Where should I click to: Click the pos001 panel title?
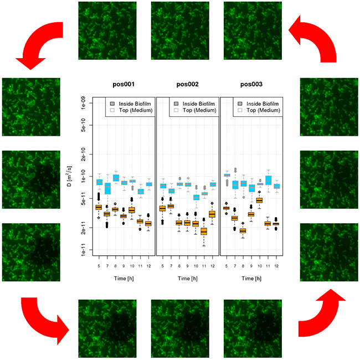(124, 85)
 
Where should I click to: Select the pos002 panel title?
(188, 85)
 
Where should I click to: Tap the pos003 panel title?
(251, 85)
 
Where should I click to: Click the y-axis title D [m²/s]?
(69, 176)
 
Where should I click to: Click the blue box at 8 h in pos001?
(116, 178)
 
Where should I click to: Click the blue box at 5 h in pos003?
(227, 175)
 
